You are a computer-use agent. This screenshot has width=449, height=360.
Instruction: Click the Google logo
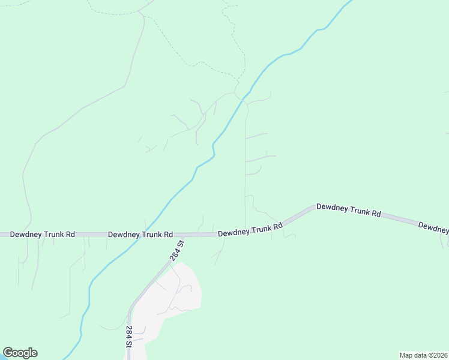click(20, 353)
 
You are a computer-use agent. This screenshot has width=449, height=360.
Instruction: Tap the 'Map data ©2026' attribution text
click(423, 355)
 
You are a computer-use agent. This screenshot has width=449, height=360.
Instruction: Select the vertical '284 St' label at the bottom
click(128, 337)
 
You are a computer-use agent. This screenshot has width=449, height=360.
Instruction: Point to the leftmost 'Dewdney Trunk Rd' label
click(42, 235)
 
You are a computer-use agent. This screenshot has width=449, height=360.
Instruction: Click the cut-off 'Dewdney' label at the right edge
click(433, 227)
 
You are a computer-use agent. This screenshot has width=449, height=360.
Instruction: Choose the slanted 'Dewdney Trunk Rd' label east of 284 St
click(250, 230)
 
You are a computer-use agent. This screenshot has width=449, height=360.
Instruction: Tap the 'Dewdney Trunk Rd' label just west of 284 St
click(140, 235)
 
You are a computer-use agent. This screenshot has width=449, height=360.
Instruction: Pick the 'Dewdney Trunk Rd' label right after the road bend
click(349, 209)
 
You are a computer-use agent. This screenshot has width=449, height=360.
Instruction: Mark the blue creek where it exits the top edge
click(348, 2)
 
